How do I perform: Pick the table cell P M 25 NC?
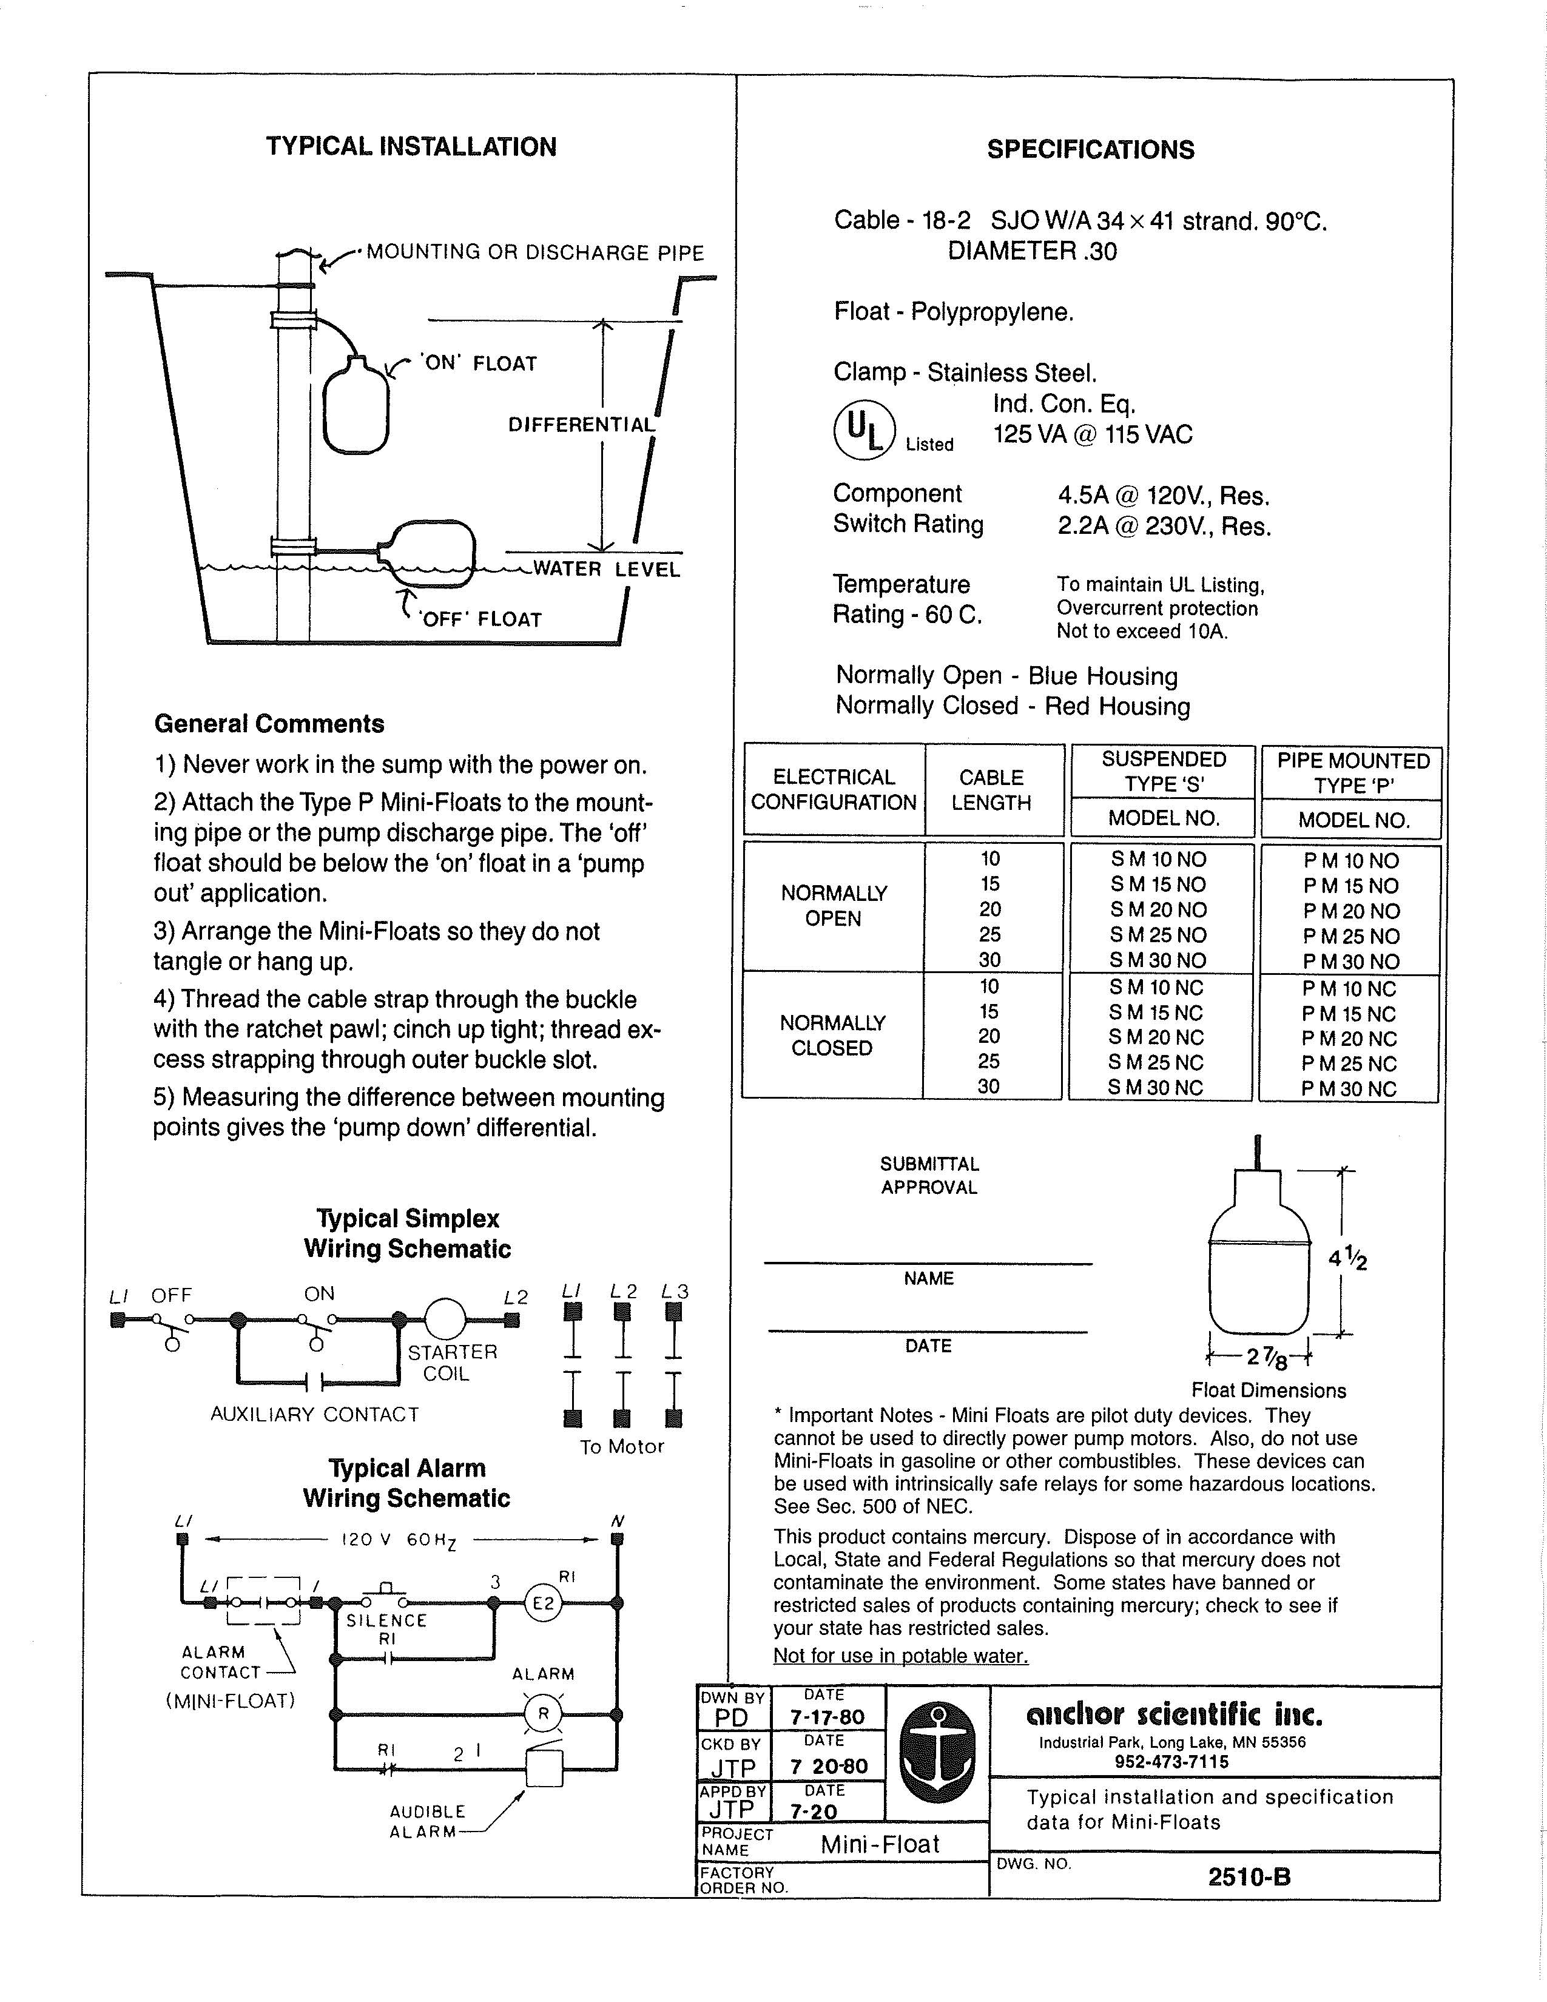pos(1349,1064)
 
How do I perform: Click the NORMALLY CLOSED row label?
pos(832,1036)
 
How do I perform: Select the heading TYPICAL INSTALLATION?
pos(411,147)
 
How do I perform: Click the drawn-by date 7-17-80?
pos(827,1716)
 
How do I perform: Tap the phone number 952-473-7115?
pos(1172,1762)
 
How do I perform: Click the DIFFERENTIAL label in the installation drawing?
pos(582,425)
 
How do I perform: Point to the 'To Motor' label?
pos(621,1446)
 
